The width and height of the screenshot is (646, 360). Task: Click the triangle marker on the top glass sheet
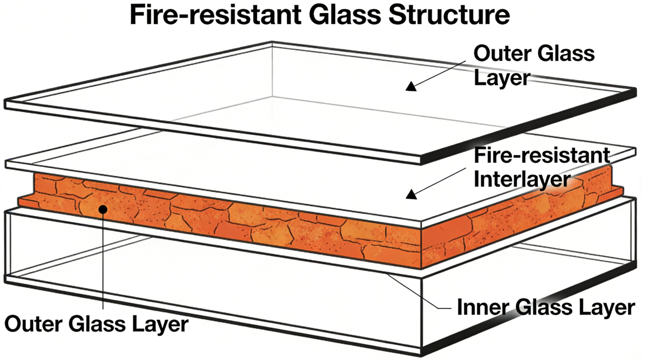pos(412,86)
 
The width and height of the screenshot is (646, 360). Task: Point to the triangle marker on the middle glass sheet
pos(412,194)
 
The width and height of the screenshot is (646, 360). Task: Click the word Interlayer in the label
pos(522,180)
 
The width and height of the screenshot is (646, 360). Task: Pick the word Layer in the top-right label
pos(501,77)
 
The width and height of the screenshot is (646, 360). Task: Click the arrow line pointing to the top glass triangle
pos(443,72)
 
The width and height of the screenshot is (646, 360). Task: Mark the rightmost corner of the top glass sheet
pos(637,91)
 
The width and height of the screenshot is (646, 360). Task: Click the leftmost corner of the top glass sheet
pos(6,104)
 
